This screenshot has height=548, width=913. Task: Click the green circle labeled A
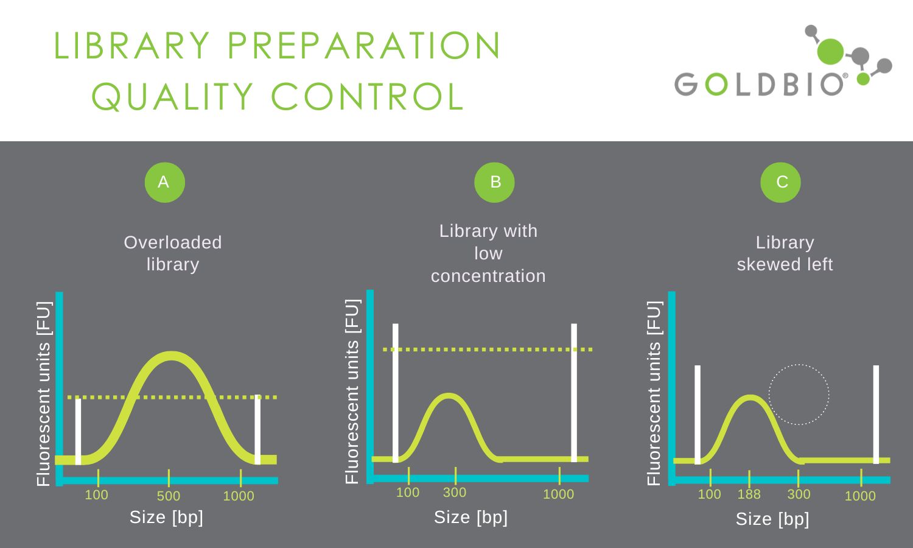[165, 182]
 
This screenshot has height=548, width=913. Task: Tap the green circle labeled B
[494, 182]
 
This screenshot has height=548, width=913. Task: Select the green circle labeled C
[780, 182]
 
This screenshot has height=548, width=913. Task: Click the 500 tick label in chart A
[169, 496]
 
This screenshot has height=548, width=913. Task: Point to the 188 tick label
[749, 494]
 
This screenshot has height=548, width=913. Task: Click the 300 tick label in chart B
[455, 493]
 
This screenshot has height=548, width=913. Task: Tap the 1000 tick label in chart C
[860, 496]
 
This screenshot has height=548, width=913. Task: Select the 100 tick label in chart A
[97, 495]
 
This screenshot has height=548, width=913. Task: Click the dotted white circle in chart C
[799, 364]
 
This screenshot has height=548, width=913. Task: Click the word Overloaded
[173, 242]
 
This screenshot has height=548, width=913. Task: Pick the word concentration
[488, 276]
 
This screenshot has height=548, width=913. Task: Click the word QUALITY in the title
[173, 97]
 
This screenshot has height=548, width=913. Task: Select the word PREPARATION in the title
[363, 45]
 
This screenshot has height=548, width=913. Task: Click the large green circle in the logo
[830, 52]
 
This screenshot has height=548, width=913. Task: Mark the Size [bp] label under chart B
[470, 518]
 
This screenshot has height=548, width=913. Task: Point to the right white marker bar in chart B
[574, 393]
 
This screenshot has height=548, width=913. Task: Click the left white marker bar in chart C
[698, 415]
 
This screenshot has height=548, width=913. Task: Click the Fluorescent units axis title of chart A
[44, 393]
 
